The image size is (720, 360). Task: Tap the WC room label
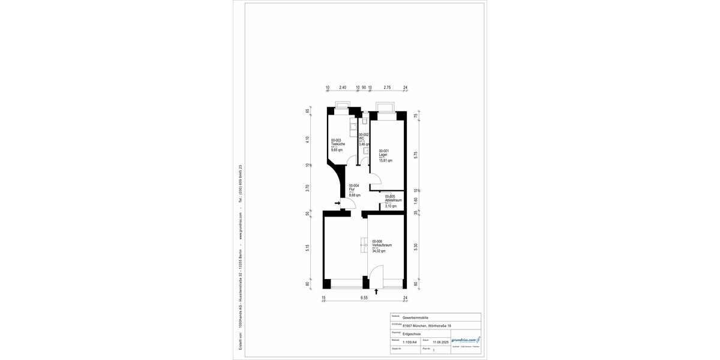(362, 139)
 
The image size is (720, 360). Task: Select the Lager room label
(383, 155)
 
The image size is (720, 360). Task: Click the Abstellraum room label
(393, 200)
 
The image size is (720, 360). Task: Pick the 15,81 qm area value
(385, 160)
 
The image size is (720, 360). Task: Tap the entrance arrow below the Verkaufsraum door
(376, 292)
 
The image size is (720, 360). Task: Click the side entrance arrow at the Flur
(338, 203)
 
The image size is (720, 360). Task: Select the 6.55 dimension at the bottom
(364, 298)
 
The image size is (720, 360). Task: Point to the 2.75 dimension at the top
(387, 88)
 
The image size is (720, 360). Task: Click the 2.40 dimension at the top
(343, 88)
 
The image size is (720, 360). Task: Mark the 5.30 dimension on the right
(416, 245)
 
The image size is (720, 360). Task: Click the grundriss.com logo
(466, 340)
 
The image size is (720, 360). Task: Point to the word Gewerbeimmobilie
(415, 318)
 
